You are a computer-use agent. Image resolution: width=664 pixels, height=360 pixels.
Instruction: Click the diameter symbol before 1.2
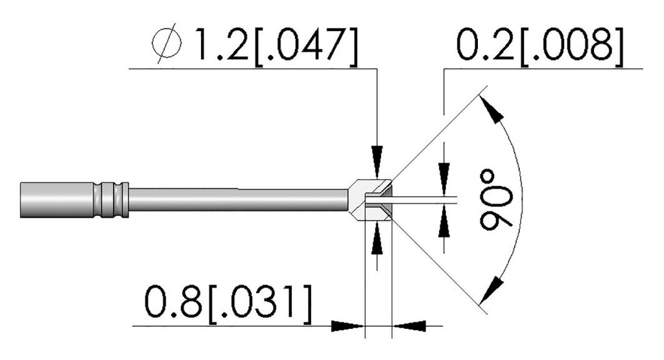[x=167, y=44]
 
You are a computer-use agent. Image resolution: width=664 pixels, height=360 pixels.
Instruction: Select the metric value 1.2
[x=220, y=44]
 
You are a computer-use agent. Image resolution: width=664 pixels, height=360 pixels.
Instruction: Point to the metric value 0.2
[x=486, y=44]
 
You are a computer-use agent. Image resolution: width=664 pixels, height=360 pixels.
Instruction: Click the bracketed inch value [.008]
[x=573, y=46]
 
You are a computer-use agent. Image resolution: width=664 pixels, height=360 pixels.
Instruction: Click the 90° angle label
[x=495, y=200]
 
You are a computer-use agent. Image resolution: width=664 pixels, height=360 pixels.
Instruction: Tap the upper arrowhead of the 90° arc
[x=492, y=108]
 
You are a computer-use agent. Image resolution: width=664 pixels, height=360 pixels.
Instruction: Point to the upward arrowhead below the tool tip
[x=377, y=239]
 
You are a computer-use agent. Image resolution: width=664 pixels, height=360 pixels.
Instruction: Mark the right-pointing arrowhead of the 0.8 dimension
[x=348, y=326]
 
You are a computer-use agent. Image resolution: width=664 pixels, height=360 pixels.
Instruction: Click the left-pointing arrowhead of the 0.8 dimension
[x=409, y=326]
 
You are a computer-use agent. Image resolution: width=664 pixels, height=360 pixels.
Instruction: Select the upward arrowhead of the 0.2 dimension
[x=444, y=221]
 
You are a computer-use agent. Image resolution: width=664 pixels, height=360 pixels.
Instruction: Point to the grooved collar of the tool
[x=111, y=200]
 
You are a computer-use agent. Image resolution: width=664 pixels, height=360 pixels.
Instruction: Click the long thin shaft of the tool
[x=239, y=200]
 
